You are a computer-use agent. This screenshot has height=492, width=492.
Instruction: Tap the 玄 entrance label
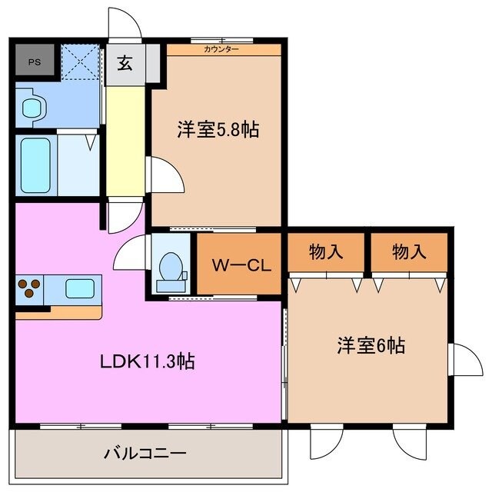pos(125,63)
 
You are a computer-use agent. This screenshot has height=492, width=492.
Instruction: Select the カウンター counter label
pos(221,49)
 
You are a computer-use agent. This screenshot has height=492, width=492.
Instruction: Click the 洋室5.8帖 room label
pos(218,130)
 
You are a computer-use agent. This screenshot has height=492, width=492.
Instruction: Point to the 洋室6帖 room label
pos(371,346)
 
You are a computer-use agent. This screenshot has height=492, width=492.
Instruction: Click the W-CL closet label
pos(240,266)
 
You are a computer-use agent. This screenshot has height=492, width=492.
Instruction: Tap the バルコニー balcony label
pos(145,453)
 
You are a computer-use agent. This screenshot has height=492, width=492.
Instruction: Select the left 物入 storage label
pos(325,251)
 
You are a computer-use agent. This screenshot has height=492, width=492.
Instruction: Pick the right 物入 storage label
pos(408,251)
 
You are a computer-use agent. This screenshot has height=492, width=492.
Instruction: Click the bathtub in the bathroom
pos(35,165)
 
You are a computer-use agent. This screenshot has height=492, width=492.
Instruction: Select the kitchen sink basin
pos(80,288)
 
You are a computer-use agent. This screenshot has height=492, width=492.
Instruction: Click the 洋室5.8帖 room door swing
pos(166,175)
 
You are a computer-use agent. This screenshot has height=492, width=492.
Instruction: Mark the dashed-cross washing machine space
pos(80,61)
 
